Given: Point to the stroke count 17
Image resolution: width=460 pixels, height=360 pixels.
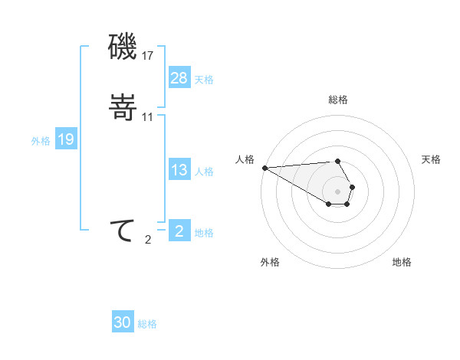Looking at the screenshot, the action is point(148,56).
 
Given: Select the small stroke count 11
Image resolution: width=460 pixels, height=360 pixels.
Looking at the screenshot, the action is point(148,116).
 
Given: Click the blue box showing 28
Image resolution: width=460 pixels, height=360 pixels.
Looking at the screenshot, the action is point(179,78).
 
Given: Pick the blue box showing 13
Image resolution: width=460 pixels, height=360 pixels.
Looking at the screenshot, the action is point(179,171).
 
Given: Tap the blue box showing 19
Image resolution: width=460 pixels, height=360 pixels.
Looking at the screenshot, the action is point(66,139).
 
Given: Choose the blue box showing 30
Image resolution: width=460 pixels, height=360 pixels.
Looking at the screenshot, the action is point(123,322).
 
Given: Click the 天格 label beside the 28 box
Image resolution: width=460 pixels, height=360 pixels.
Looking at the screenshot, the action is point(204,80).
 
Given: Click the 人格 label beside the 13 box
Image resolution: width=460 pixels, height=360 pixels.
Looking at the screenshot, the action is point(204,172).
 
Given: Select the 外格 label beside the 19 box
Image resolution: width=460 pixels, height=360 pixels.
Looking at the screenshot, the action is point(41,140).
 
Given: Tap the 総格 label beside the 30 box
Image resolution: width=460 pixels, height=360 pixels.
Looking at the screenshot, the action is point(147,324).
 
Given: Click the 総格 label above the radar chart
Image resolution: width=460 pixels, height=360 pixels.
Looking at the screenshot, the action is point(338,100).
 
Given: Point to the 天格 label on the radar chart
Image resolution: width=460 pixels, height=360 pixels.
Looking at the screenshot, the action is point(431,159).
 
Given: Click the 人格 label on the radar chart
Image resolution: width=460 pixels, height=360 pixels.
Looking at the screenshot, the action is point(245,159).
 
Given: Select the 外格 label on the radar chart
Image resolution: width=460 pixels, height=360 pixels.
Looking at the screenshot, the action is point(270,262).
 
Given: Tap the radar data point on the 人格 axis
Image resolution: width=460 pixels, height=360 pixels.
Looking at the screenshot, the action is point(264,168).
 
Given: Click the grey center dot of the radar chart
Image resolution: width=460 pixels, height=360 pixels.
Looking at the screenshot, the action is point(338,191).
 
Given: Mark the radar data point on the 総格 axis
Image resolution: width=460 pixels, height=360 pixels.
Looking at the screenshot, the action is point(338,162).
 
